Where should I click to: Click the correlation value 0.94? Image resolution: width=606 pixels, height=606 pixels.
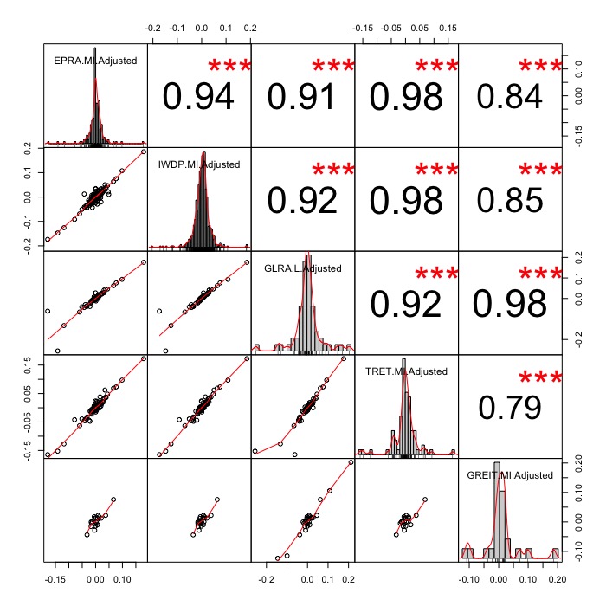198,97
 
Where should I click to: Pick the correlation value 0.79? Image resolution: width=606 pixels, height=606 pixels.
509,407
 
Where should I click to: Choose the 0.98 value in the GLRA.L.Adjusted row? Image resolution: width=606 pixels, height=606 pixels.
509,303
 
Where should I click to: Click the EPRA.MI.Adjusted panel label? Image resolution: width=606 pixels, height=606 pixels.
95,60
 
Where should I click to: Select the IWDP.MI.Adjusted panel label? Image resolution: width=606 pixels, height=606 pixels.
198,164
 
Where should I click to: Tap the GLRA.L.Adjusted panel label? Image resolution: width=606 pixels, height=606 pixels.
302,268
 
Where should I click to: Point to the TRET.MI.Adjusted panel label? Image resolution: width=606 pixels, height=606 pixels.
406,371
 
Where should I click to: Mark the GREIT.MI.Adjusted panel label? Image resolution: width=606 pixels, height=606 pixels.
510,475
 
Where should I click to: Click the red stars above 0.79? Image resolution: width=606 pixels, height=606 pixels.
540,378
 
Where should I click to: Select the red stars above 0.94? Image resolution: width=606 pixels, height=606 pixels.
229,68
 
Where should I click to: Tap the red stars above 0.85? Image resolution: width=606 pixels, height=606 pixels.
540,171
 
